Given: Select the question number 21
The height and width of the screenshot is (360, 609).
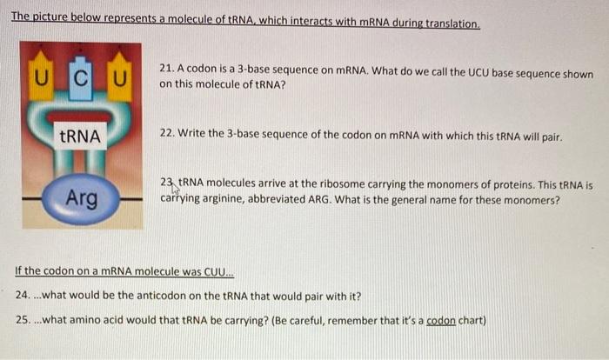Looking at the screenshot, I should click(168, 69).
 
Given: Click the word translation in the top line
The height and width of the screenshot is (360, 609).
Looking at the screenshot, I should click(449, 23).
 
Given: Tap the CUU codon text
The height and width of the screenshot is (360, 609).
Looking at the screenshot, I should click(211, 270).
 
